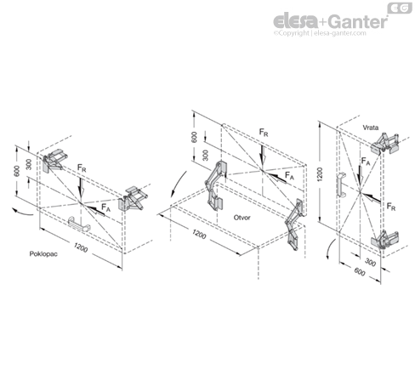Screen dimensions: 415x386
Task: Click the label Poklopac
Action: point(43,253)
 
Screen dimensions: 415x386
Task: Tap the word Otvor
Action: point(242,218)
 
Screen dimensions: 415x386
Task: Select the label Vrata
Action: point(371,128)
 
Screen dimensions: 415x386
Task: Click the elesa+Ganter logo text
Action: point(330,21)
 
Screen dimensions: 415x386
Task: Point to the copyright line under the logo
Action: point(320,33)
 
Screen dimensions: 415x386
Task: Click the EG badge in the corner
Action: point(400,9)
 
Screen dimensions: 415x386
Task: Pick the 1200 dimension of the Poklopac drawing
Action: point(81,247)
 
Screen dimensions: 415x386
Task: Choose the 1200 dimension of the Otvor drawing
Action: point(199,234)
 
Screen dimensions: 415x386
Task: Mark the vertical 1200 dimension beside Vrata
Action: point(320,174)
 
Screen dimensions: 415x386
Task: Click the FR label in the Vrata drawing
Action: point(391,207)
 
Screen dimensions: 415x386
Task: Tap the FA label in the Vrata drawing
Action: point(366,162)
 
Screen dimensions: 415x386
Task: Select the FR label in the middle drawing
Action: point(264,133)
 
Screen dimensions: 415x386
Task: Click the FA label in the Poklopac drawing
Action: point(105,207)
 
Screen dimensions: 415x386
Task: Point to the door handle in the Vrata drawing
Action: point(341,184)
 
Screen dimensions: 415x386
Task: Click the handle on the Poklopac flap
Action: point(79,224)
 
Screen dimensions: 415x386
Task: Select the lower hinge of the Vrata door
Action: point(384,240)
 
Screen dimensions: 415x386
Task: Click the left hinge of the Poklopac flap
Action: point(54,160)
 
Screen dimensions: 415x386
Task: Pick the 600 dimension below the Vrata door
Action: point(360,272)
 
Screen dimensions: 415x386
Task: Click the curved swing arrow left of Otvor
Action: point(177,184)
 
